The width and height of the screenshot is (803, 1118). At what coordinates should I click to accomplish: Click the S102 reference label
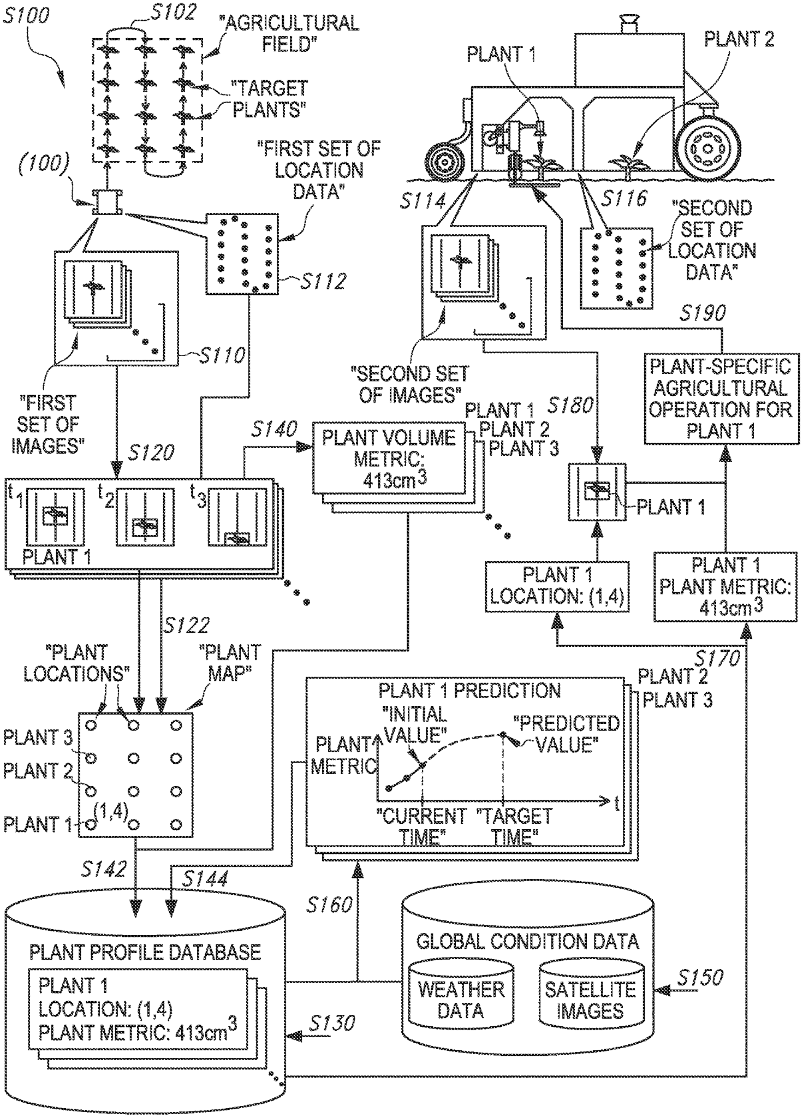click(x=173, y=12)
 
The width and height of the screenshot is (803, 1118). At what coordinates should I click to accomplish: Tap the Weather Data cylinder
click(x=461, y=998)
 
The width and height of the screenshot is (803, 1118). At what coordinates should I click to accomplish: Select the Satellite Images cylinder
click(x=590, y=998)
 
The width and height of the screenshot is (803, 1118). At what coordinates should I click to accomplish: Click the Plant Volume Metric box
click(x=389, y=458)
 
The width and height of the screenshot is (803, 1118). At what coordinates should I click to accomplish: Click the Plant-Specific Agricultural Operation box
click(x=721, y=399)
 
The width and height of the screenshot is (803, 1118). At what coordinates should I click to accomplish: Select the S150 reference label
click(x=700, y=977)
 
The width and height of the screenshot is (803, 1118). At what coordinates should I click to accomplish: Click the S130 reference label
click(x=331, y=1023)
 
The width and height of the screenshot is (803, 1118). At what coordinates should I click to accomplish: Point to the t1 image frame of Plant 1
click(x=55, y=516)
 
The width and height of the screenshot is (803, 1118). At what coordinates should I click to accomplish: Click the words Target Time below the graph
click(x=514, y=826)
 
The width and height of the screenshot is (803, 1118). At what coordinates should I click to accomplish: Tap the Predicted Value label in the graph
click(x=567, y=734)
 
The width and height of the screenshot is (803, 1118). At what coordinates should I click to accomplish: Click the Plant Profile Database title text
click(x=145, y=952)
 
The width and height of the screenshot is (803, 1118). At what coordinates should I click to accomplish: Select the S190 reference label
click(x=703, y=313)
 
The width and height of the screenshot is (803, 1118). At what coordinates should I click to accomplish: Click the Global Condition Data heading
click(x=527, y=941)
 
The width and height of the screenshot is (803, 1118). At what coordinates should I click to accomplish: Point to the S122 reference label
click(x=186, y=626)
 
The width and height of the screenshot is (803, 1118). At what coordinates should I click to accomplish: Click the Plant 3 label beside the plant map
click(x=38, y=738)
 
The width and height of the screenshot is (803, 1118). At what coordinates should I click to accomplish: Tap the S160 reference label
click(x=329, y=905)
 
